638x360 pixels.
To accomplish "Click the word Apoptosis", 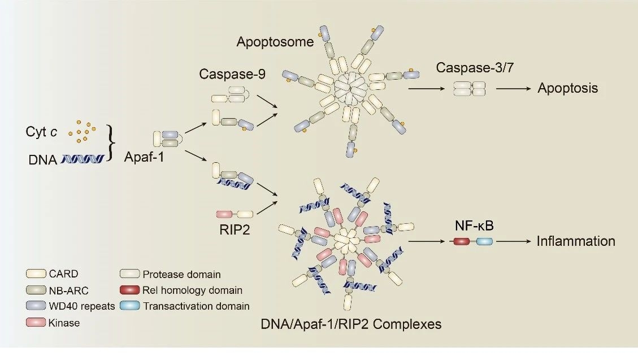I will click(567, 89).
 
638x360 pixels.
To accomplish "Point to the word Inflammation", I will click(576, 241).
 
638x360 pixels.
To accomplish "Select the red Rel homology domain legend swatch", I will click(130, 290).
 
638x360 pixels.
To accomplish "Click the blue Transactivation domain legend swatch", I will click(130, 306).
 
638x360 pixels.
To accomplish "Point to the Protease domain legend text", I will click(181, 275).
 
